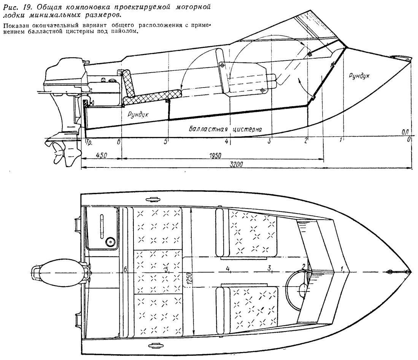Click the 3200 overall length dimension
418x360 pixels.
point(237,164)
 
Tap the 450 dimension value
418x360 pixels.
point(101,155)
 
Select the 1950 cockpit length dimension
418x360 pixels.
point(215,156)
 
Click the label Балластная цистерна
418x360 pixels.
point(225,129)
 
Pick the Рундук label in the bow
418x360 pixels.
point(359,76)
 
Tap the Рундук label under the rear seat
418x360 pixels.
point(138,115)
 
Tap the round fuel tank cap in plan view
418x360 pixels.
point(110,242)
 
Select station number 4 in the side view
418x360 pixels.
point(227,141)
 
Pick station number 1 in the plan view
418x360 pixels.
point(342,269)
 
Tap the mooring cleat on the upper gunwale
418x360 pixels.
point(151,199)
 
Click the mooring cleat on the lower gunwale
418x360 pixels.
point(151,346)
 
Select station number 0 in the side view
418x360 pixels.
point(409,139)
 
